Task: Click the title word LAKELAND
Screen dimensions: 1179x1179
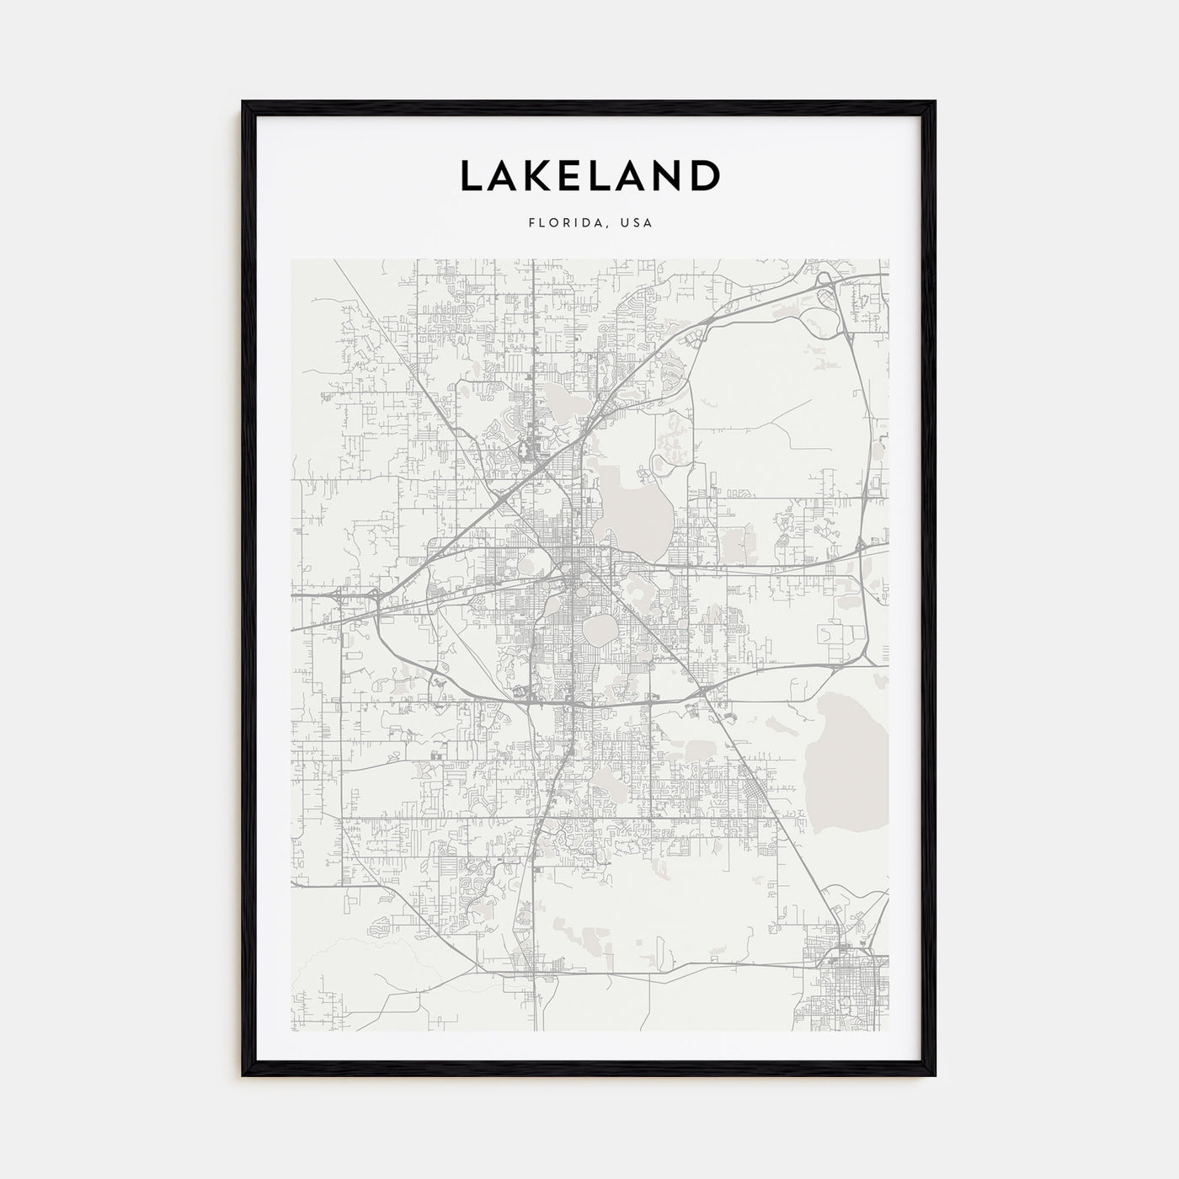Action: [589, 175]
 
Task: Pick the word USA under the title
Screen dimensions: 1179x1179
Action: [635, 224]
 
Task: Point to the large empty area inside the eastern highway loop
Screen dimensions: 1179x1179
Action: [766, 421]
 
